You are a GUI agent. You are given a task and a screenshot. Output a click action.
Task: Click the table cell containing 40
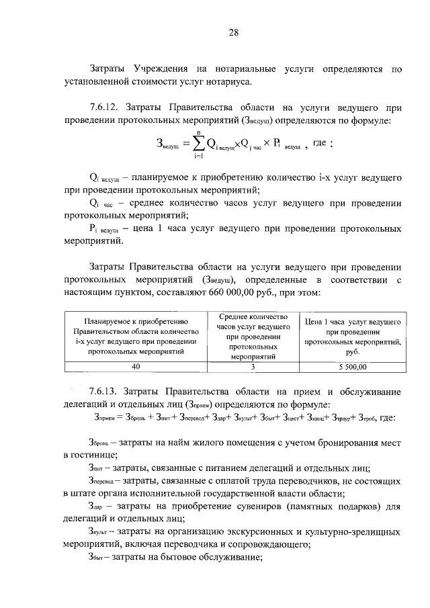pos(136,367)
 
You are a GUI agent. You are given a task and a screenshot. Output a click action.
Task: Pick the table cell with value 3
pos(253,367)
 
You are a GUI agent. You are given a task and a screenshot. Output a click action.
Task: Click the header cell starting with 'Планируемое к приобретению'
pos(136,337)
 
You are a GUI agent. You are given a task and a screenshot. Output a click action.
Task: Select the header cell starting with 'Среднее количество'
pos(253,337)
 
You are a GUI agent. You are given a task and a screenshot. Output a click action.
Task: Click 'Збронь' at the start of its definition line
pos(100,443)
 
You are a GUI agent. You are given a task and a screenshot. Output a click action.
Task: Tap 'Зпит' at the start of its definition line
pos(98,468)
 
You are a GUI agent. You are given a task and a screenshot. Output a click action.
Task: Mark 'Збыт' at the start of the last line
pos(99,557)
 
